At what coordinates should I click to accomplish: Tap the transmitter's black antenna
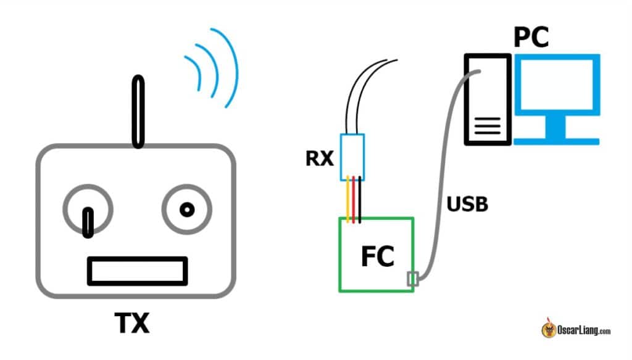[139, 111]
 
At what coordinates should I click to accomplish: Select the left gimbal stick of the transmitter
[88, 222]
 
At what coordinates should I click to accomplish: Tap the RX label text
[320, 159]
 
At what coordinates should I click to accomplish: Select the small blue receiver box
[352, 157]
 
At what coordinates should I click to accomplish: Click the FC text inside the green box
[377, 256]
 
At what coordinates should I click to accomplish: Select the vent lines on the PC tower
[488, 128]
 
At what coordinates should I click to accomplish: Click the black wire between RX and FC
[359, 199]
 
